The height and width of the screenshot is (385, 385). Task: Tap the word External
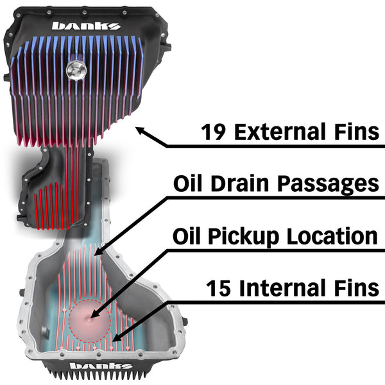coord(282,132)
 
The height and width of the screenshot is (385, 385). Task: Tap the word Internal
coord(286,288)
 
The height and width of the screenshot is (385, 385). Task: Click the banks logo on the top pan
coord(85,26)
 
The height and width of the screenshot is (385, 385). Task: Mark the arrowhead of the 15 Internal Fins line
coord(116,338)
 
